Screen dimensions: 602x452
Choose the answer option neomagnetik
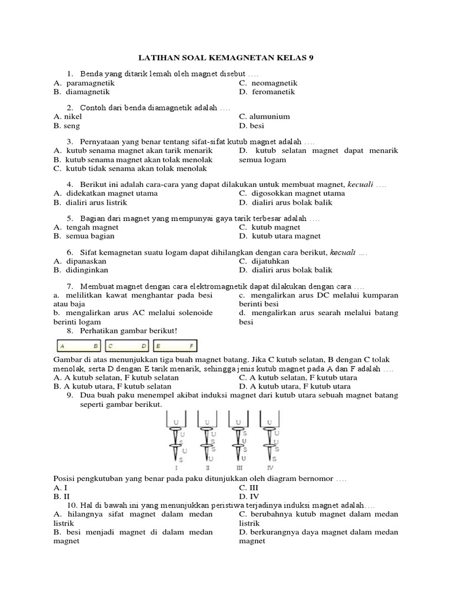[x=274, y=83]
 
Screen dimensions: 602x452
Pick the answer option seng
[x=72, y=126]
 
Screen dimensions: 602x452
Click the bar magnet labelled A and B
[x=79, y=346]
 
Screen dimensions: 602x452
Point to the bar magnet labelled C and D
[x=127, y=346]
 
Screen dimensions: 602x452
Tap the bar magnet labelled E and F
[x=175, y=346]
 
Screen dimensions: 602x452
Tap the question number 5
[x=69, y=218]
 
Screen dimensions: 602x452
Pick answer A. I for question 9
[x=61, y=488]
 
